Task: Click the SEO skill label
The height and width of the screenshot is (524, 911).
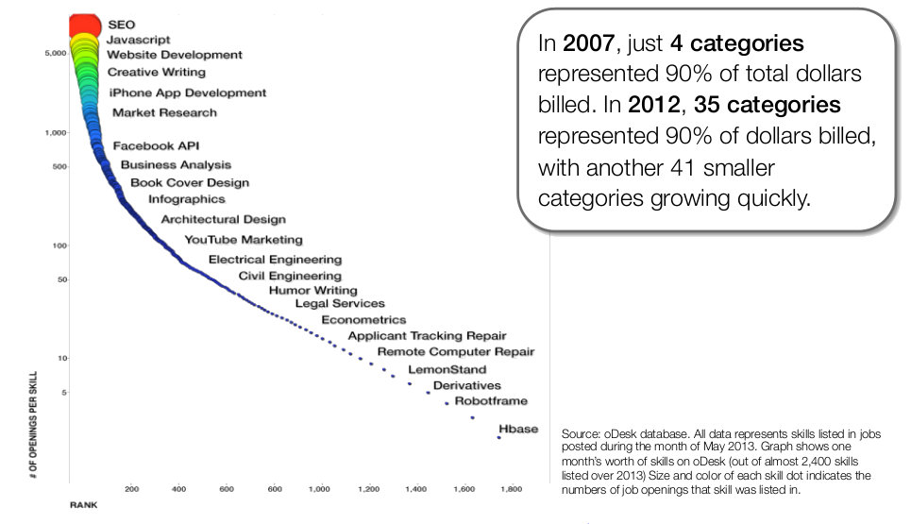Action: click(122, 24)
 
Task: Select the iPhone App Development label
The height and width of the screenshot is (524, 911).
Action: click(187, 93)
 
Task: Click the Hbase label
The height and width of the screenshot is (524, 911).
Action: click(517, 429)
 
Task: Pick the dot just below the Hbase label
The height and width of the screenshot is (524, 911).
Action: click(498, 437)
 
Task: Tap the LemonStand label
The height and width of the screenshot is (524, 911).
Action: click(447, 369)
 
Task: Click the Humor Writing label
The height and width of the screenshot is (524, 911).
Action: click(312, 291)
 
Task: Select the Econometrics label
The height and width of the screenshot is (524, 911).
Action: click(363, 320)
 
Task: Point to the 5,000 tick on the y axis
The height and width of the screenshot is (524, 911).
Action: click(54, 53)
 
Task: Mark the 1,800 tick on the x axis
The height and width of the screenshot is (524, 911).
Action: click(512, 489)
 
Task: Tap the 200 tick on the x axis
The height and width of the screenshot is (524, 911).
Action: click(131, 489)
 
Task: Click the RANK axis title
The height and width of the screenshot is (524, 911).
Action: click(83, 505)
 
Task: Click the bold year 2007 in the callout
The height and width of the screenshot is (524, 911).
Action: click(581, 44)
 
